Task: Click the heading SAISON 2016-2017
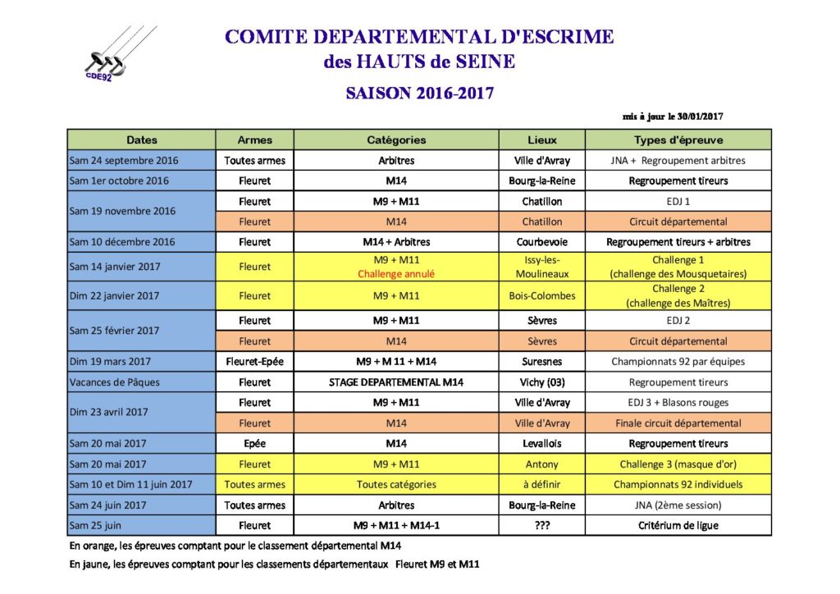pos(419,93)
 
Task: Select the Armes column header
pos(254,140)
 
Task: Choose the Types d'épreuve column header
pos(678,140)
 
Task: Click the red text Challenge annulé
pos(396,274)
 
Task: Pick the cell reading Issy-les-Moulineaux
pos(541,267)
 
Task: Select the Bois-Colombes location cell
pos(541,295)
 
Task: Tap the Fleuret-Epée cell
pos(254,361)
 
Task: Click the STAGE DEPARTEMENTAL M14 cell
pos(396,382)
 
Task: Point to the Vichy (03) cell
pos(541,382)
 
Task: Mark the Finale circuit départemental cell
pos(678,423)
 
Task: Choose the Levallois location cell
pos(541,444)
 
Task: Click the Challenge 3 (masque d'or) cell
pos(678,464)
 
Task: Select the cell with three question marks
pos(541,525)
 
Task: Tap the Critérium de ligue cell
pos(678,525)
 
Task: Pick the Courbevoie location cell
pos(541,242)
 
